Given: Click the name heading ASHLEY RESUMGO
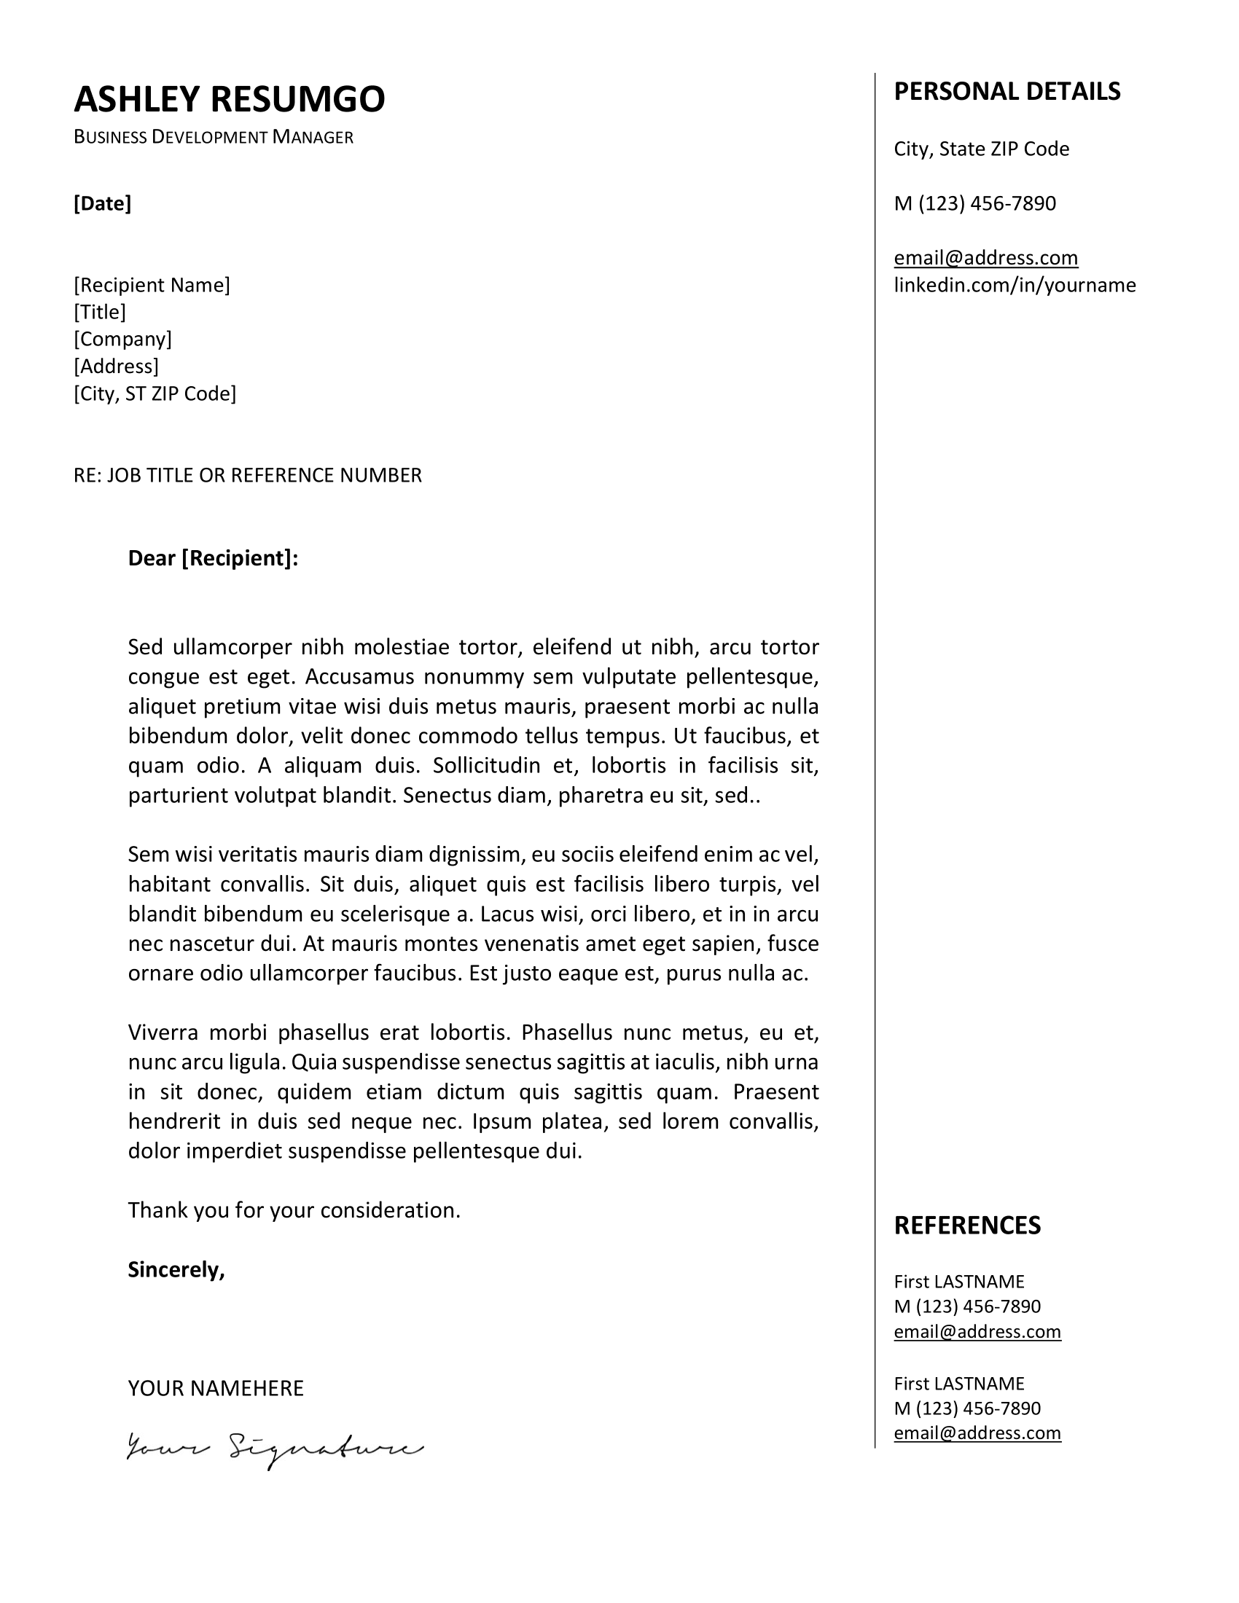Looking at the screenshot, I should click(x=229, y=99).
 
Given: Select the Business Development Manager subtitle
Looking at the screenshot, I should click(x=213, y=137).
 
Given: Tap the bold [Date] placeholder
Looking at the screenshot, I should click(x=102, y=203).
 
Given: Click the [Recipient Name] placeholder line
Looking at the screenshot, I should click(x=151, y=285).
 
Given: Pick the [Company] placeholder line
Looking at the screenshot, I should click(x=122, y=339).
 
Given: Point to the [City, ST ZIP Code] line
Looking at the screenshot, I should click(x=155, y=394).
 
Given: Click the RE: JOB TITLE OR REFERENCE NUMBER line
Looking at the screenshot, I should click(x=247, y=476).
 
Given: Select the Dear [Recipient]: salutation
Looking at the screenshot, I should click(x=213, y=559).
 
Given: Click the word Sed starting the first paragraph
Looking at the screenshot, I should click(x=144, y=647).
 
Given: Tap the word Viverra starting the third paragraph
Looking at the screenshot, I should click(x=163, y=1032).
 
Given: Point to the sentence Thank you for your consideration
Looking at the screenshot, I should click(x=294, y=1210).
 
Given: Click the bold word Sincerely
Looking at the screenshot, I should click(x=176, y=1270).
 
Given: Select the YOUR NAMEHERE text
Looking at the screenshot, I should click(x=215, y=1389).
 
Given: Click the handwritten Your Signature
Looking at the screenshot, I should click(x=275, y=1449).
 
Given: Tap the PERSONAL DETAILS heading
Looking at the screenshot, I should click(x=1007, y=92).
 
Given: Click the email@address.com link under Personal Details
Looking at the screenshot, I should click(x=986, y=258).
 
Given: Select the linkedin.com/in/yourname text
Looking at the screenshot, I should click(x=1015, y=286).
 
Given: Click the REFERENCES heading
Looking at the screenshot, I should click(x=966, y=1226).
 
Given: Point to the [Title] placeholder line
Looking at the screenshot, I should click(x=100, y=312).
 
